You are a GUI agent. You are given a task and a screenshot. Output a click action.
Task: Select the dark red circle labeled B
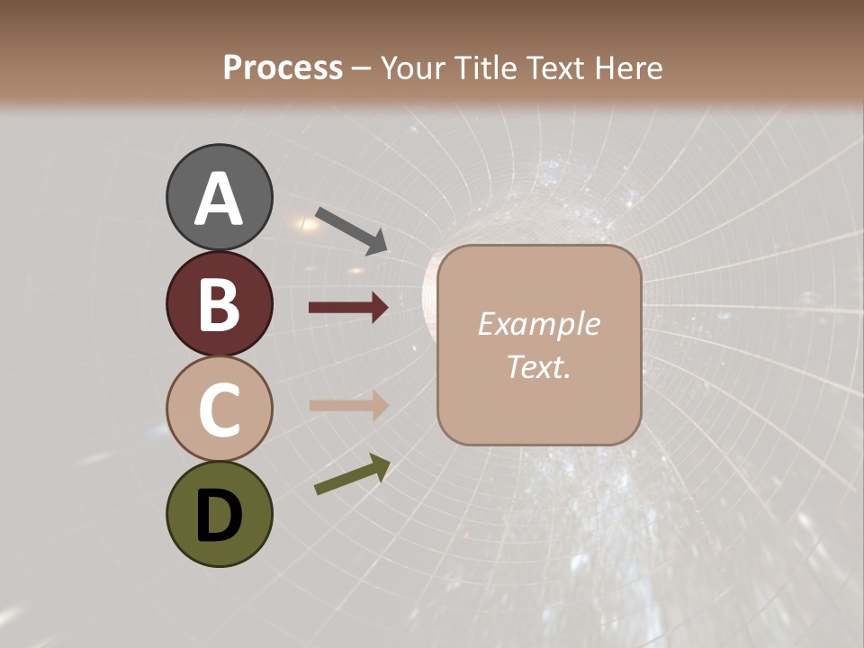point(219,303)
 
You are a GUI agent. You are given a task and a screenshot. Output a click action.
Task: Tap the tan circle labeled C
point(219,409)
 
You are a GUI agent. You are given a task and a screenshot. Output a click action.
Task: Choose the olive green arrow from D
point(352,474)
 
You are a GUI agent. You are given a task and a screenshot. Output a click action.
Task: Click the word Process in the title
point(283,68)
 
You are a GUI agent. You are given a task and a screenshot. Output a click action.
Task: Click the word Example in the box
point(538,324)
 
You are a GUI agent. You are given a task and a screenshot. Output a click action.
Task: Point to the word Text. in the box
point(538,366)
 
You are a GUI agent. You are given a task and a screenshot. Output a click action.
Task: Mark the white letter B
point(219,304)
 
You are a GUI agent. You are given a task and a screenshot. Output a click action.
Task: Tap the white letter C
point(219,409)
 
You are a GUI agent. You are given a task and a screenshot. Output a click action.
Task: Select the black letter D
point(219,517)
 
